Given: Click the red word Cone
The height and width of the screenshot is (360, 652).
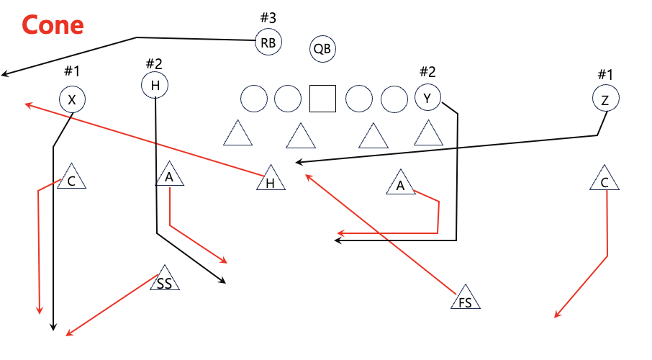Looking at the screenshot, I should tap(53, 25).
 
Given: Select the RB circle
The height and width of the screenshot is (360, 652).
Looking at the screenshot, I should tap(268, 42).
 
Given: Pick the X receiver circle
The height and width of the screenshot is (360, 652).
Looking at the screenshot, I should tap(72, 99).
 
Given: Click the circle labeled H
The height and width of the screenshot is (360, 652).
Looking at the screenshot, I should tap(155, 85).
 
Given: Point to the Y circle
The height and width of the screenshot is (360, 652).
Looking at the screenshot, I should tap(428, 98).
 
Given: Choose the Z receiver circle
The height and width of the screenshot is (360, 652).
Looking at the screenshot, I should tap(605, 99).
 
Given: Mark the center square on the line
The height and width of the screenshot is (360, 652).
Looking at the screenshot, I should tap(322, 99).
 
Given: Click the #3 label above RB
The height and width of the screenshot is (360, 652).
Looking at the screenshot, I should tap(268, 17).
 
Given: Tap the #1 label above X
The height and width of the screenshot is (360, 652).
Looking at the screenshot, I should tap(72, 71).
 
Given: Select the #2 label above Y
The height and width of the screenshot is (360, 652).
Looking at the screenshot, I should tap(427, 71).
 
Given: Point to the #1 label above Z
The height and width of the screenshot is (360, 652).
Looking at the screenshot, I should tap(605, 74).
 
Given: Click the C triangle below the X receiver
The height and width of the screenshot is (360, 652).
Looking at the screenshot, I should tap(71, 179).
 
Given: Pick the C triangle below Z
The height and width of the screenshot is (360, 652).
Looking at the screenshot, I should tap(605, 180).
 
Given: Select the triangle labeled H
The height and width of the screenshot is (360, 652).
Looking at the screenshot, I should tap(271, 181).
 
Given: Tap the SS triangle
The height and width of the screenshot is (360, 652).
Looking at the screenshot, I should tap(164, 281).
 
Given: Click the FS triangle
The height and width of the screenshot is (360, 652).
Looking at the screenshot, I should tap(466, 300).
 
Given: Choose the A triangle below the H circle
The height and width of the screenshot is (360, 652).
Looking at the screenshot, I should tap(169, 176).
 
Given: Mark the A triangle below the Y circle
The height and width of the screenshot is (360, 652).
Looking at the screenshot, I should tap(401, 185).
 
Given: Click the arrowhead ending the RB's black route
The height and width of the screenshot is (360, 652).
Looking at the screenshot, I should tap(4, 74).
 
